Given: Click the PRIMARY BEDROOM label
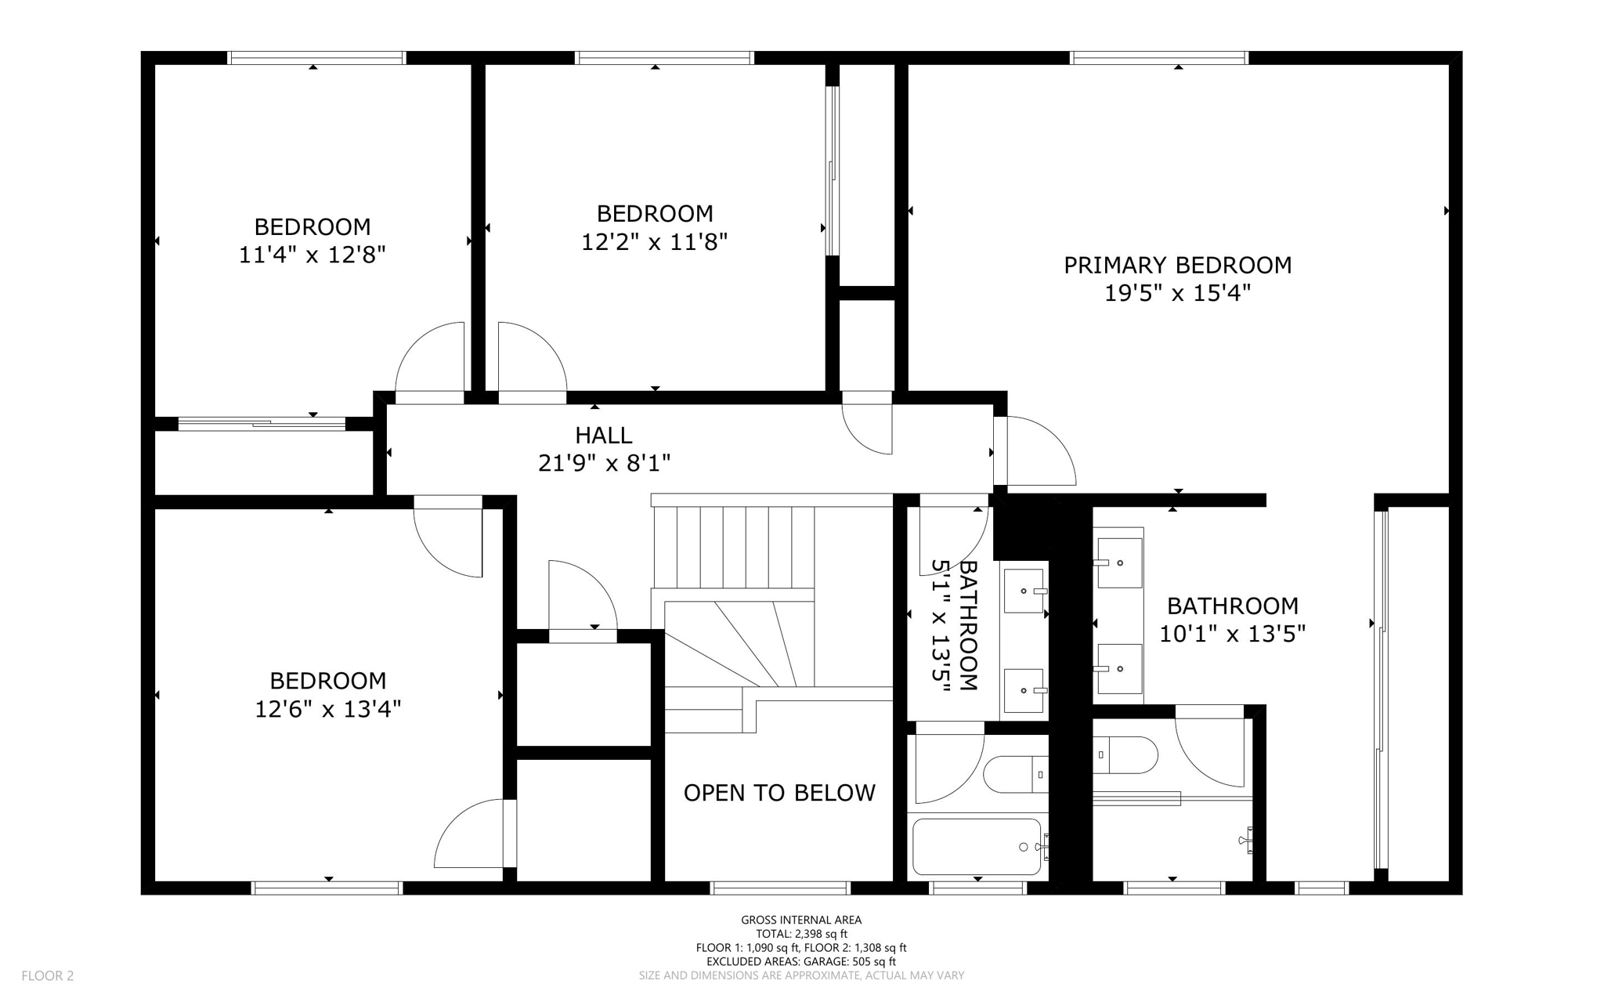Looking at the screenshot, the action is [1177, 266].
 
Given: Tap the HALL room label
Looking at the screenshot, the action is [604, 435].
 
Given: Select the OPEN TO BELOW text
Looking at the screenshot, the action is [779, 793].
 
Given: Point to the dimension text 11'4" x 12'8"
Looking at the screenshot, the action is [312, 255].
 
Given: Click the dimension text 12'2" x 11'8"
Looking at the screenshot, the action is [655, 241].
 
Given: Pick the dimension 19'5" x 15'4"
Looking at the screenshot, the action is [1177, 293].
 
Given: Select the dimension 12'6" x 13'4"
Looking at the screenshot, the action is [328, 709].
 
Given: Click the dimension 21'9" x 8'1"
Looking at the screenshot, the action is [604, 463].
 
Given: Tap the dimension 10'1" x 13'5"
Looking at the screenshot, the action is [1233, 634].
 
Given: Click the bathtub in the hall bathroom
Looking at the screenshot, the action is [977, 847].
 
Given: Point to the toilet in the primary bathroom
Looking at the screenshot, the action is [1125, 755].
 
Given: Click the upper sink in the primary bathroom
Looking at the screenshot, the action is [1119, 562].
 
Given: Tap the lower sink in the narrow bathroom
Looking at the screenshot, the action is [1024, 690].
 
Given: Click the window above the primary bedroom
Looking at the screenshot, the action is [1158, 57].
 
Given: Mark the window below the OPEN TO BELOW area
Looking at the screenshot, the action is [779, 888].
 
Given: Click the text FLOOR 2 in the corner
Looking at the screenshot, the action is [48, 975].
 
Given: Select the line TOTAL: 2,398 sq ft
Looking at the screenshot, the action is [801, 934].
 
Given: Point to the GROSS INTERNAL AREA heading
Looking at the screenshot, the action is [801, 920].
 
